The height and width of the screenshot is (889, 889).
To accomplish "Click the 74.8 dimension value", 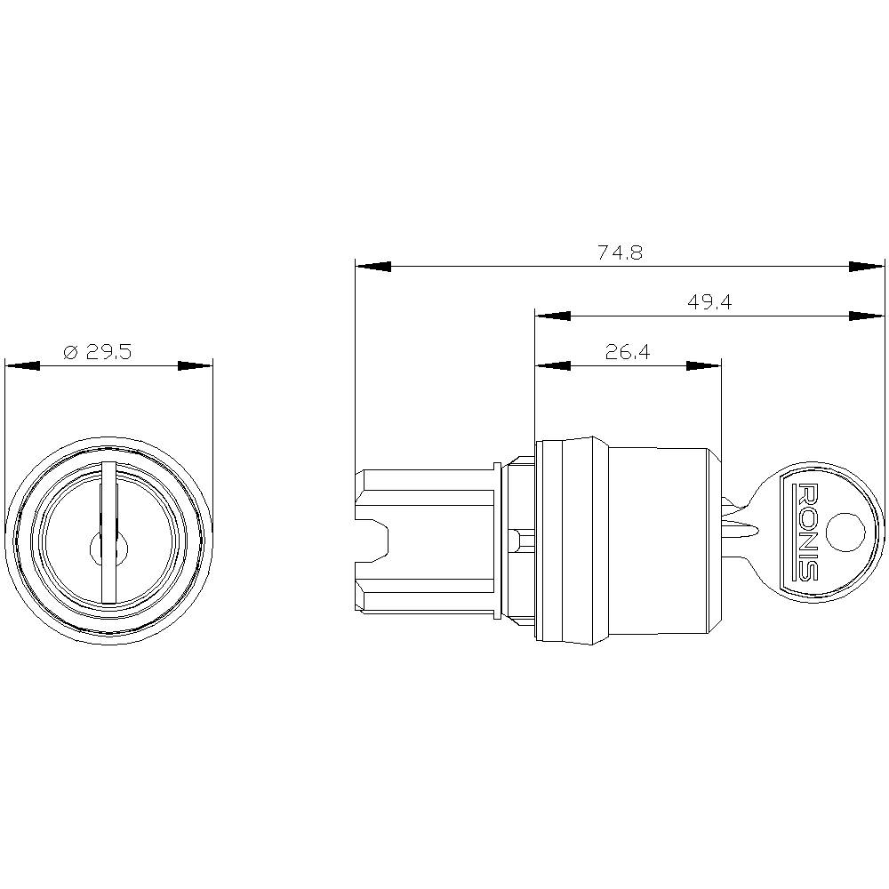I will [620, 252].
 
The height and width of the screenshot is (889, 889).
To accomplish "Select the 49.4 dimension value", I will [709, 302].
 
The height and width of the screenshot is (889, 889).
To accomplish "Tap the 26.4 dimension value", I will [628, 352].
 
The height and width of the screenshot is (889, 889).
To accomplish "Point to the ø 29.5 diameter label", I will [98, 352].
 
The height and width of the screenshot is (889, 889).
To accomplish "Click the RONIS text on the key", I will [806, 532].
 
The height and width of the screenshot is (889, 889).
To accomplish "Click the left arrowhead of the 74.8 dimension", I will [373, 266].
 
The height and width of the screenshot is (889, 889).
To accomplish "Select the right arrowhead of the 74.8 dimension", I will [867, 266].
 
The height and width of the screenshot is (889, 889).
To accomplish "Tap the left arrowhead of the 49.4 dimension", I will [552, 316].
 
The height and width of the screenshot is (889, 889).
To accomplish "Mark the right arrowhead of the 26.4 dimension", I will [703, 365].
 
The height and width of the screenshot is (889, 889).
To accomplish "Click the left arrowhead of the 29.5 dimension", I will [22, 365].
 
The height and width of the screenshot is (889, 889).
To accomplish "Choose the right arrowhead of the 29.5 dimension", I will [196, 365].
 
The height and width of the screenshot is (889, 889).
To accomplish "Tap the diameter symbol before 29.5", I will [72, 353].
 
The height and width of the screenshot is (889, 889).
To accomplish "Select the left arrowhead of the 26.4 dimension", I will [552, 365].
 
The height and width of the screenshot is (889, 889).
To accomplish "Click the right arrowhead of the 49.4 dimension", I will [867, 316].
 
